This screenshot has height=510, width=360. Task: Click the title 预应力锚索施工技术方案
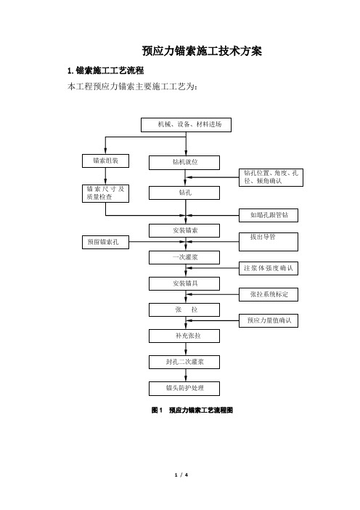click(x=202, y=51)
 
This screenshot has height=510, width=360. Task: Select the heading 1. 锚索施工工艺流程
click(x=105, y=70)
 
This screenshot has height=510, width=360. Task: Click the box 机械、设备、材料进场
click(x=186, y=125)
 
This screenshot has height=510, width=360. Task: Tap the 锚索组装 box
click(x=105, y=161)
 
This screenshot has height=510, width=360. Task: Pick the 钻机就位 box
click(x=184, y=163)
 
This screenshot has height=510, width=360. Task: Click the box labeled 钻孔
click(x=184, y=193)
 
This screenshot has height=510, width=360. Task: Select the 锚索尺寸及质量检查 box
click(x=105, y=193)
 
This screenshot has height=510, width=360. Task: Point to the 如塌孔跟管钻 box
click(x=269, y=215)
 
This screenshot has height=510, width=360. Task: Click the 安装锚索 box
click(x=184, y=230)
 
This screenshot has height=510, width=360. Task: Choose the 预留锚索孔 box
click(x=105, y=243)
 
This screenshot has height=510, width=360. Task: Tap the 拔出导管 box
click(x=269, y=242)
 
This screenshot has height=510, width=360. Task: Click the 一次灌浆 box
click(x=184, y=257)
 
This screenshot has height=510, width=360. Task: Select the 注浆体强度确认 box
click(x=269, y=268)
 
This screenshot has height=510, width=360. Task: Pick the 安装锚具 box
click(x=184, y=283)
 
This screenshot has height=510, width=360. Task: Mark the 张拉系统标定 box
click(x=269, y=294)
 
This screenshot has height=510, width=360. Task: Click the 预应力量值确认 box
click(x=269, y=320)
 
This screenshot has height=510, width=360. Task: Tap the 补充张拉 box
click(x=184, y=336)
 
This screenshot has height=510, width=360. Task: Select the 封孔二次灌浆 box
click(x=184, y=362)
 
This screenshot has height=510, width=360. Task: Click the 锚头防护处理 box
click(x=184, y=389)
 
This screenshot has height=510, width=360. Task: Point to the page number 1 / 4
click(x=181, y=475)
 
